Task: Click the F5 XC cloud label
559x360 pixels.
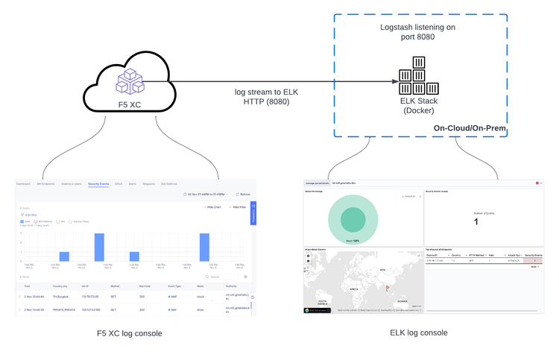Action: (130, 105)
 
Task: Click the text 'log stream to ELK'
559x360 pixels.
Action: (267, 92)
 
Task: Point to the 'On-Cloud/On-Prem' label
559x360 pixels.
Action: (470, 129)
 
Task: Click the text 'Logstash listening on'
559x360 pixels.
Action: (417, 27)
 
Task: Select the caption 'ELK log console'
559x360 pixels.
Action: (419, 332)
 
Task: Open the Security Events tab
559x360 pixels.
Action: (98, 183)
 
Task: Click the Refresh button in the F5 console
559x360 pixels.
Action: (243, 195)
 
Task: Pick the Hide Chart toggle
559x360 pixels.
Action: (213, 207)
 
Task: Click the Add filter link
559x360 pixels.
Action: (31, 215)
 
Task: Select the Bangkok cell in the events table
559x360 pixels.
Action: (60, 297)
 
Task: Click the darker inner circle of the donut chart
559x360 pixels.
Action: (353, 219)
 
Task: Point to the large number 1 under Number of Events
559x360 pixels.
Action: (476, 221)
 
